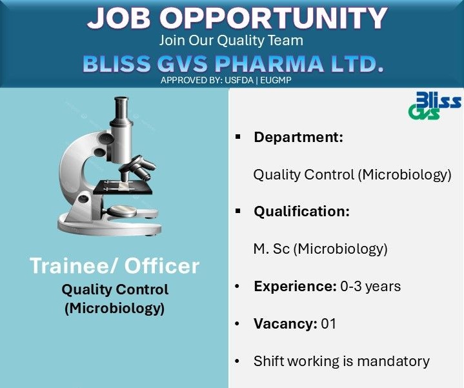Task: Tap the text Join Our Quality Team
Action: click(231, 40)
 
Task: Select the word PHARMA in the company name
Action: click(279, 64)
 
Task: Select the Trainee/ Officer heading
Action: click(114, 266)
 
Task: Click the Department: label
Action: click(298, 138)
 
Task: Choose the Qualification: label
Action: click(301, 211)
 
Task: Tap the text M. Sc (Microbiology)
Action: click(320, 249)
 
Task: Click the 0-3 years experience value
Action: click(370, 286)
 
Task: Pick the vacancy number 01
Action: click(328, 323)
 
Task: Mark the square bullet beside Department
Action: click(237, 138)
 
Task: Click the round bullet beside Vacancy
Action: click(237, 323)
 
